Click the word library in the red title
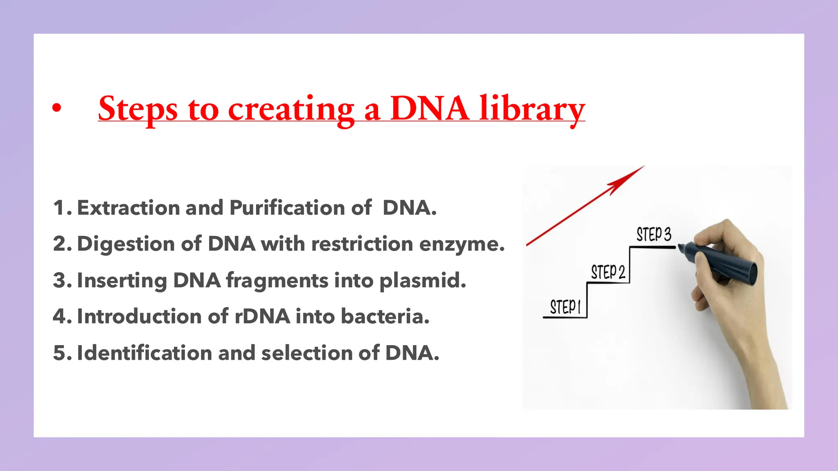coord(532,109)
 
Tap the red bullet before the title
coord(57,108)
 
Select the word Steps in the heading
coord(138,109)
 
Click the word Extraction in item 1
coord(128,208)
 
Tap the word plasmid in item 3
coord(422,281)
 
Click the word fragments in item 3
coord(277,281)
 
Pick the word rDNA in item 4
coord(262,316)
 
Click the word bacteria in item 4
coord(385,316)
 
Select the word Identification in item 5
coord(144,353)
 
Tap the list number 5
coord(60,353)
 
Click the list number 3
coord(60,280)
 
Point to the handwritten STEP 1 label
coord(565,307)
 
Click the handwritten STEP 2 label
coord(608,272)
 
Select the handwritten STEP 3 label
coord(653,235)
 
